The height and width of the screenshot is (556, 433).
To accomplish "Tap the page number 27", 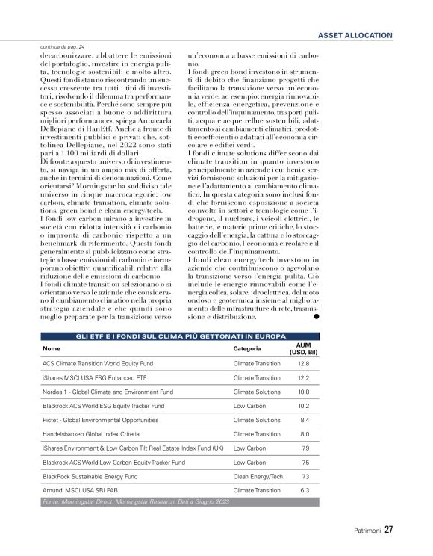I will pos(389,531).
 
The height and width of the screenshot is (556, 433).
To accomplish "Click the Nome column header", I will pos(51,348).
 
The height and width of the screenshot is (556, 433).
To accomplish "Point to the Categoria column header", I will pos(246,348).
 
